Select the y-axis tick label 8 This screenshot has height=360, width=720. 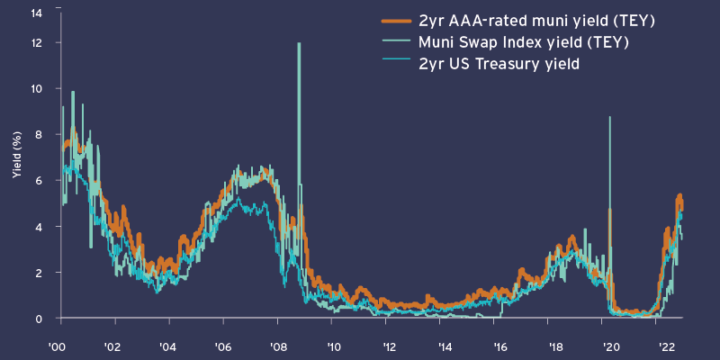(x=38, y=134)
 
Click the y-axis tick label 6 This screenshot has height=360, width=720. (x=38, y=180)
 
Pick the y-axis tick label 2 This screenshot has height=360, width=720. (x=38, y=272)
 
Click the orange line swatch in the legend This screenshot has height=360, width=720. (x=393, y=22)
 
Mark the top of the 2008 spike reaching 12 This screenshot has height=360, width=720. (x=298, y=43)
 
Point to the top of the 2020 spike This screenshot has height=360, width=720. (x=610, y=117)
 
